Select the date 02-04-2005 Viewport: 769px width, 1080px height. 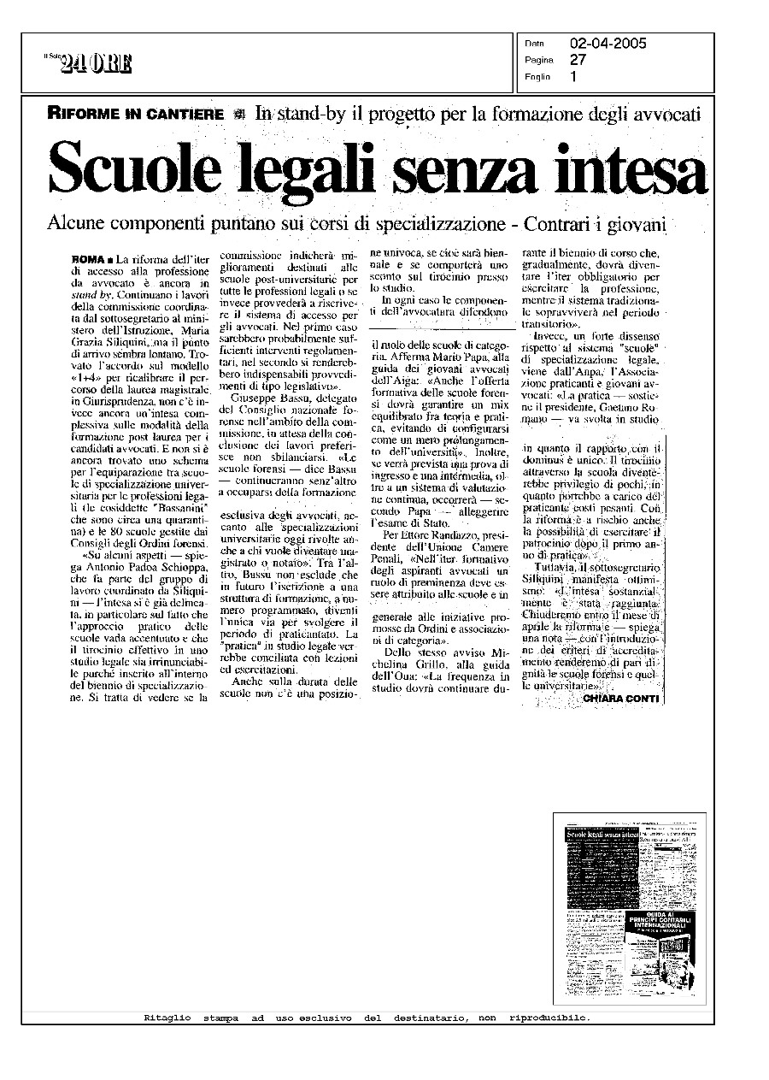point(608,44)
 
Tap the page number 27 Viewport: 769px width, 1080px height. point(578,60)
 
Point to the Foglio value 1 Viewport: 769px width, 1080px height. point(573,76)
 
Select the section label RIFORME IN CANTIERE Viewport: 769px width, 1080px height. point(136,114)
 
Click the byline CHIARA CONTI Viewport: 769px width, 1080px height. point(621,699)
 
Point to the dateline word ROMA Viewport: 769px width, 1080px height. point(88,258)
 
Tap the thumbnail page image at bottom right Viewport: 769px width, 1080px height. point(630,907)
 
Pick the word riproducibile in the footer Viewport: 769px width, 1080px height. point(549,1018)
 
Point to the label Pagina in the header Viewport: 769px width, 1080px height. point(539,61)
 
